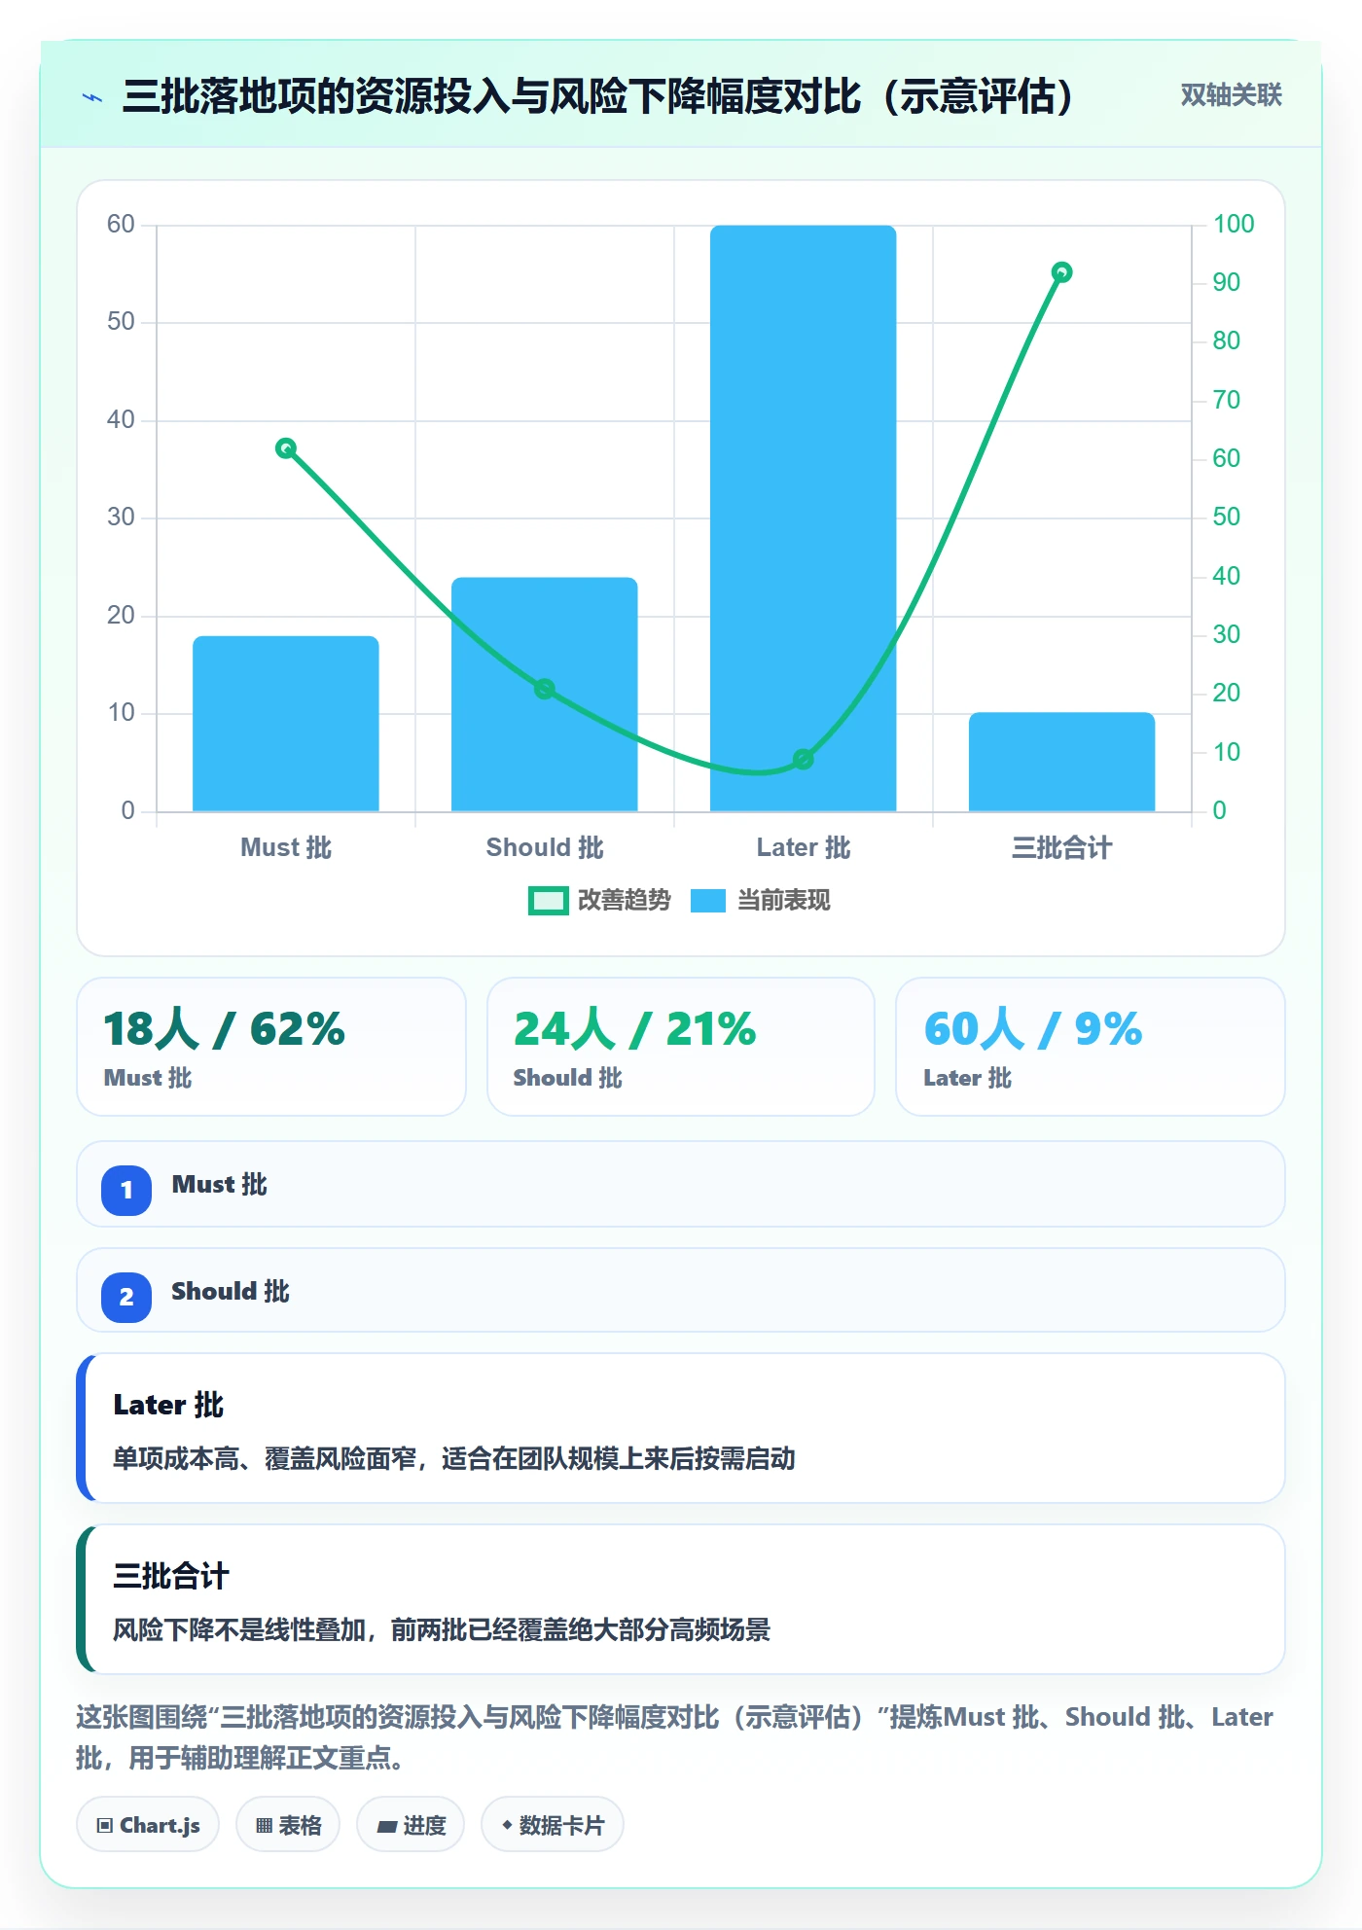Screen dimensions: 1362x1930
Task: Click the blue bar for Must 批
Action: [286, 723]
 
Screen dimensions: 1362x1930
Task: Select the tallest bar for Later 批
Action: [804, 518]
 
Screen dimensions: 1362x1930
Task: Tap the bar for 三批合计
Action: [1062, 762]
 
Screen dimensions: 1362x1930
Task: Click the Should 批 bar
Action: [545, 694]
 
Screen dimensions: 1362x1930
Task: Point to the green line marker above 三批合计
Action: [1062, 272]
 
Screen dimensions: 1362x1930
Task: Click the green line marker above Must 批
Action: [286, 448]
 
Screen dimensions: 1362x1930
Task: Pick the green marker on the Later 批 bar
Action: [804, 759]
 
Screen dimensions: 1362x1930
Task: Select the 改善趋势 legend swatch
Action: [548, 901]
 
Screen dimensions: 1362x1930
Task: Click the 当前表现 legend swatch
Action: [708, 901]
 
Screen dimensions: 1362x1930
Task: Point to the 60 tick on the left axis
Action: [121, 225]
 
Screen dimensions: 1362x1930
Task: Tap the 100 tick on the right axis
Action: [1234, 225]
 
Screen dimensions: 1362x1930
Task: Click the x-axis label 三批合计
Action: [1062, 848]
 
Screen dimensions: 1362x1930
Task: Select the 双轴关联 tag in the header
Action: [1232, 95]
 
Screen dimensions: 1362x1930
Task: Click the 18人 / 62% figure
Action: [225, 1029]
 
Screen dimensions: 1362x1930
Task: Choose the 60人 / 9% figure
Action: [1033, 1029]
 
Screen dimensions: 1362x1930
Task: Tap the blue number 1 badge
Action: [126, 1190]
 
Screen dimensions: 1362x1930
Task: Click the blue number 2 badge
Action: [126, 1297]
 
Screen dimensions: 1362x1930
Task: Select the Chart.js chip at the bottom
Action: [148, 1825]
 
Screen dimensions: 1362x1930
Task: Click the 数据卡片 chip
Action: [553, 1825]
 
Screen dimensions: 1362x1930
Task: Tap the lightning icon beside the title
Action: [92, 97]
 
